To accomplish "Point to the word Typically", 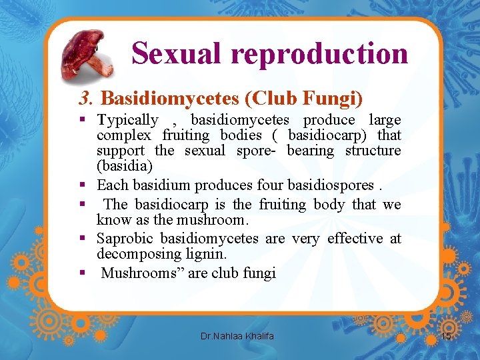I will (x=127, y=120).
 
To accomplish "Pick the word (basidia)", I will (x=125, y=165).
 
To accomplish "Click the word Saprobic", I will (x=125, y=238).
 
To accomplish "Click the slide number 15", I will (x=447, y=337).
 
